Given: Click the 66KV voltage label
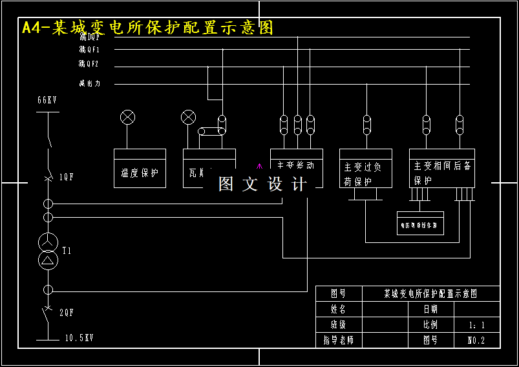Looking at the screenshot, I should [x=47, y=100].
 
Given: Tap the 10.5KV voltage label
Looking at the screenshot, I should [x=79, y=338].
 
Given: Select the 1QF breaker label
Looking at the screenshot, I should [x=67, y=176].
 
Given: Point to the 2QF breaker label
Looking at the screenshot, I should [x=67, y=312].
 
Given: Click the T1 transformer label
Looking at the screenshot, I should [x=67, y=249].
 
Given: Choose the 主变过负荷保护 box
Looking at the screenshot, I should [x=365, y=169].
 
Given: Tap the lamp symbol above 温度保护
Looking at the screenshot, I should [x=128, y=117].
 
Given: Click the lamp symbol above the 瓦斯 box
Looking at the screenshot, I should [x=188, y=117].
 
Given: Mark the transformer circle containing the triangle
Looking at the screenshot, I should [x=47, y=259].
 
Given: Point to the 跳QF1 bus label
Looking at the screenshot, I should [x=89, y=50].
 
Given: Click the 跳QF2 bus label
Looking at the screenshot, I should [x=89, y=65].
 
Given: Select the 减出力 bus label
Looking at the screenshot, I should [x=89, y=83].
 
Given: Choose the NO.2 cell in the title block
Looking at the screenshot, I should [x=476, y=340].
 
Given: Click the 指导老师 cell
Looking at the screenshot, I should [x=339, y=340].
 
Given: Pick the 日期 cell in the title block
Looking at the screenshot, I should [x=430, y=309].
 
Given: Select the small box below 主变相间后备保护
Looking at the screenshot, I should [x=420, y=224].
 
